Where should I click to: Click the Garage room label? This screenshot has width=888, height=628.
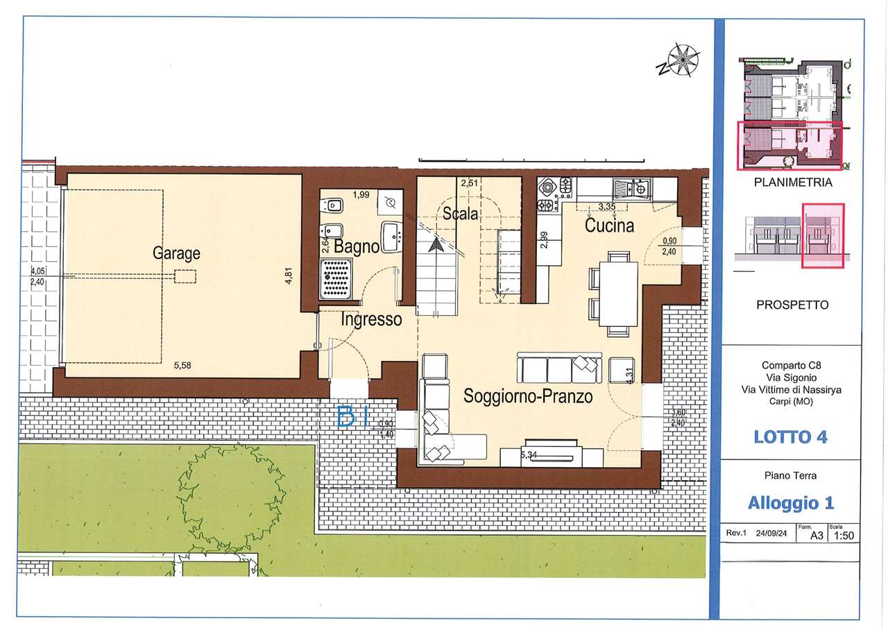[x=176, y=254]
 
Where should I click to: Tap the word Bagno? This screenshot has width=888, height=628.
[x=357, y=246]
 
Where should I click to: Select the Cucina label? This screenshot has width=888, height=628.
[x=609, y=226]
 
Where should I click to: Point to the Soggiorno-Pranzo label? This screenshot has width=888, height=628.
[x=528, y=396]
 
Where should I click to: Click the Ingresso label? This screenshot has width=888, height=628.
[x=371, y=319]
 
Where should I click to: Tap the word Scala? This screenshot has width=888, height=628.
[x=460, y=214]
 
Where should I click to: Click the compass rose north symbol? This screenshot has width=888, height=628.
[x=679, y=60]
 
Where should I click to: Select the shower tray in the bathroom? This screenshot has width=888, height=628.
[x=336, y=279]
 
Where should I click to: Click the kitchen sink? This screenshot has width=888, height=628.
[x=631, y=188]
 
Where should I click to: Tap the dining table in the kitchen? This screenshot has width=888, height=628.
[x=618, y=294]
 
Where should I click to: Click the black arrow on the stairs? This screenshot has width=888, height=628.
[x=436, y=245]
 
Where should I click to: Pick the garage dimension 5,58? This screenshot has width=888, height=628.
[x=182, y=365]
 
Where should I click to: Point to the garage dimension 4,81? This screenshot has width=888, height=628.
[x=289, y=275]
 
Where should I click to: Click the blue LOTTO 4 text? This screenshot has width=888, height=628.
[x=790, y=437]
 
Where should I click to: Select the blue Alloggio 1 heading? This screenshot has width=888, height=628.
[x=791, y=503]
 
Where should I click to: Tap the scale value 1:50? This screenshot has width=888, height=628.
[x=844, y=536]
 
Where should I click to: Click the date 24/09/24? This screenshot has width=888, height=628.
[x=771, y=533]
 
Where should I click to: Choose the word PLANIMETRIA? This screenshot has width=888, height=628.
[x=793, y=183]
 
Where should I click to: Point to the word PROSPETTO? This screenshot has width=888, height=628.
[x=792, y=305]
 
